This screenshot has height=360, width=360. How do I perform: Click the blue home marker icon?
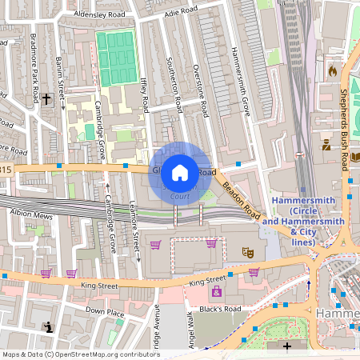point(180,172)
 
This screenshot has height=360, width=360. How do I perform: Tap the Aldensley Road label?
point(99,14)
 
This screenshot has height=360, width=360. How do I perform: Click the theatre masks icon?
point(249,251)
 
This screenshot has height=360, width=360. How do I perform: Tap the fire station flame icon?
point(332,71)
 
